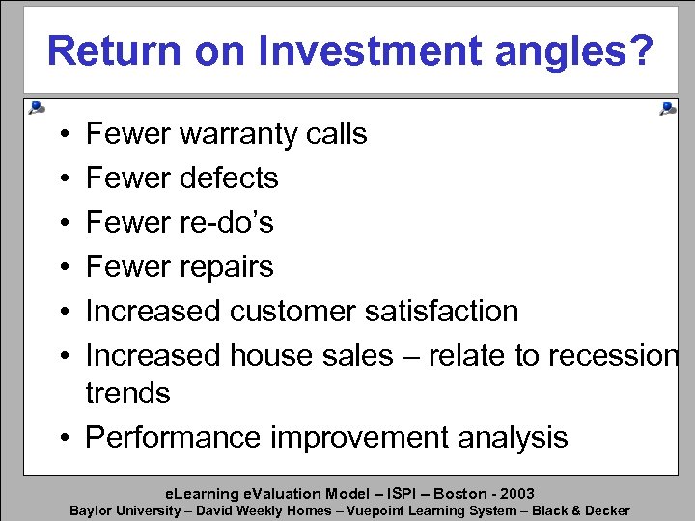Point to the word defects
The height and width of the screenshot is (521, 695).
pyautogui.click(x=228, y=178)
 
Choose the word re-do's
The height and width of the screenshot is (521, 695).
pyautogui.click(x=226, y=222)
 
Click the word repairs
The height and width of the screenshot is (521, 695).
pyautogui.click(x=226, y=267)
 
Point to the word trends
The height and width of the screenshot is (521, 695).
pyautogui.click(x=128, y=393)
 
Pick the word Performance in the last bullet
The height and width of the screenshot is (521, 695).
pyautogui.click(x=174, y=437)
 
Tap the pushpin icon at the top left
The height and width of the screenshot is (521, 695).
pyautogui.click(x=36, y=108)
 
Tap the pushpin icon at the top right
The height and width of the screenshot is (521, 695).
pyautogui.click(x=667, y=108)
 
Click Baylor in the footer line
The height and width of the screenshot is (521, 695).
pyautogui.click(x=91, y=510)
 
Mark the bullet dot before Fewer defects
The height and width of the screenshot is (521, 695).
pyautogui.click(x=61, y=178)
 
